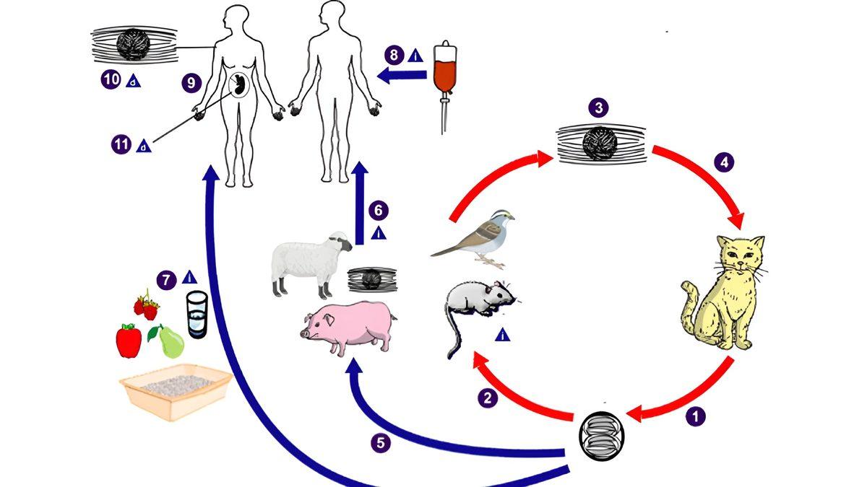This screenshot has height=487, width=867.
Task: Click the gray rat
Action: click(x=478, y=303)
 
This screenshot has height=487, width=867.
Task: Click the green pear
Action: click(x=170, y=342)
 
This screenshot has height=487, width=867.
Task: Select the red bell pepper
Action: click(x=129, y=341)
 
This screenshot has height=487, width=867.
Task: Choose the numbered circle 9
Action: click(x=191, y=84)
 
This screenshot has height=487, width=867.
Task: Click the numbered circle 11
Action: click(x=121, y=144)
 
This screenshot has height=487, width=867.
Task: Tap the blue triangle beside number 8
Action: click(x=415, y=55)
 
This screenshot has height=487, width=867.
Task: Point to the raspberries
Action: click(x=147, y=306)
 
